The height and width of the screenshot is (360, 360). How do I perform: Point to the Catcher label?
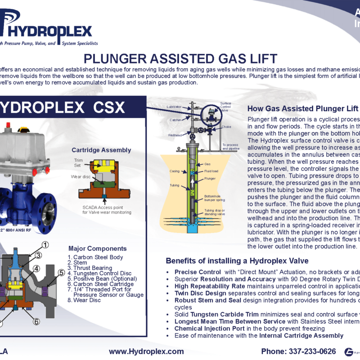[175, 120]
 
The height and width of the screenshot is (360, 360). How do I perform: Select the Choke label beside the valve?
[226, 127]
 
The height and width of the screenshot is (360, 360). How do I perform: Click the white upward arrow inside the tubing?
[194, 184]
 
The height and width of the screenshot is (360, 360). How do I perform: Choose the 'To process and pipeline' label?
[230, 146]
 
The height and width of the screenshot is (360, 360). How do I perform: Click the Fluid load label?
[211, 171]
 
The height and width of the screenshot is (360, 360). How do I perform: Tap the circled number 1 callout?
[45, 233]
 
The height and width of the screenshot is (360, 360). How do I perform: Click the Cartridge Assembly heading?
[101, 150]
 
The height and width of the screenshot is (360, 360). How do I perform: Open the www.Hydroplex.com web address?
[146, 351]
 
